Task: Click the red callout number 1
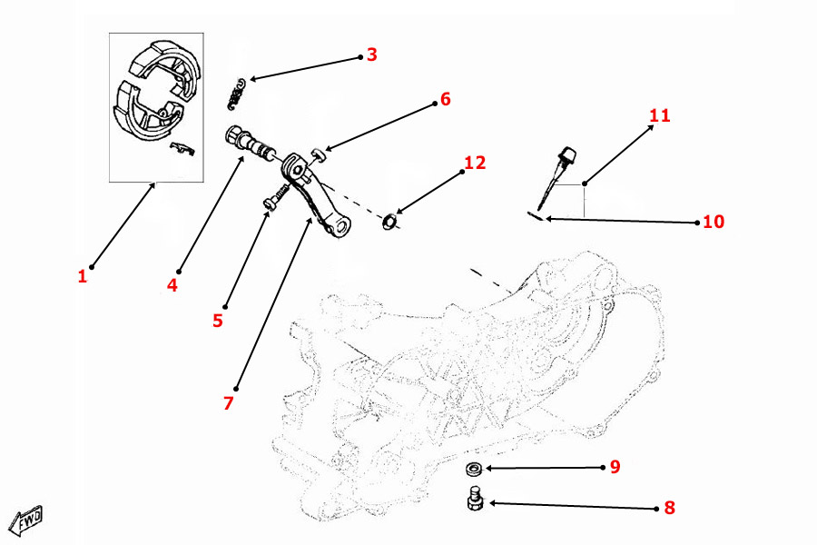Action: [x=82, y=276]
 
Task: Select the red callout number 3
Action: [x=371, y=54]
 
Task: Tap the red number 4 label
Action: [x=172, y=285]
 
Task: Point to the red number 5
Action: [x=218, y=321]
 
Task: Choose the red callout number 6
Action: [x=445, y=99]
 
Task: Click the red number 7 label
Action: [x=229, y=402]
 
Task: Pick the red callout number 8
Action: [x=669, y=508]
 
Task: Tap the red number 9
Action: [x=615, y=467]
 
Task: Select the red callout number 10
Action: [x=714, y=222]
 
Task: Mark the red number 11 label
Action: [x=659, y=116]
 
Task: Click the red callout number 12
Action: [x=475, y=163]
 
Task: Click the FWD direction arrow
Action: [x=27, y=520]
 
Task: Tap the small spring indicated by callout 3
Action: [x=239, y=89]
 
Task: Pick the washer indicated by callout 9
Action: [x=472, y=470]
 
